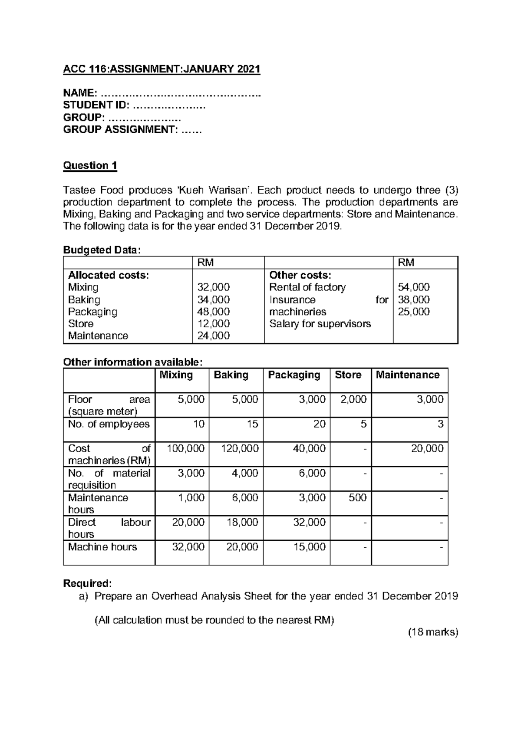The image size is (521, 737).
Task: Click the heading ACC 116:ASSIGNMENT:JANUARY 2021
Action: coord(162,69)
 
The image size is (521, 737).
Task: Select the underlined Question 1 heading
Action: coord(90,165)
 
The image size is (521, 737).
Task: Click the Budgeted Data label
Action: coord(102,250)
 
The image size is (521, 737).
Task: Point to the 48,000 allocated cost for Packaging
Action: coord(214,312)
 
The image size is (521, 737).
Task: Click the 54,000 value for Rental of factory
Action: coord(414,287)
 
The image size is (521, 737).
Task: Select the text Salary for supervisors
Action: coord(320,324)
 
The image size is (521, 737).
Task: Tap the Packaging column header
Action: coord(294,375)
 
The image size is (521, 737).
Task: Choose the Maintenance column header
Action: coord(407,375)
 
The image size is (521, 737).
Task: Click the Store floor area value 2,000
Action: coord(353,399)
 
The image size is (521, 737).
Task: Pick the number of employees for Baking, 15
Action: coord(252,424)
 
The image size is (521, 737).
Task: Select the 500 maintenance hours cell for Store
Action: coord(357,497)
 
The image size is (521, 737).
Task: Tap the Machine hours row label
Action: coord(102,547)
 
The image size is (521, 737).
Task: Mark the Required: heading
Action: coord(87,583)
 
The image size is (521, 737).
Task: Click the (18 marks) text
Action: coord(433,632)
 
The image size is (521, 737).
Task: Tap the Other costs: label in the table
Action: coord(300,275)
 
